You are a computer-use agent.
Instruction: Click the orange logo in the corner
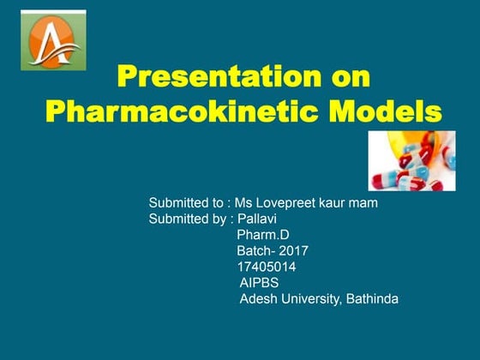[x=55, y=41]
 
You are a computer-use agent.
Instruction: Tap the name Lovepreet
[x=283, y=203]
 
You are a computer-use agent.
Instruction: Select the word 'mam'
[x=365, y=203]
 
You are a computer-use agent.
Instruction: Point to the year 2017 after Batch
[x=292, y=251]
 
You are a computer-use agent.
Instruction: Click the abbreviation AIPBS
[x=259, y=282]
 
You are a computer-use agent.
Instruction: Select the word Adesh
[x=258, y=298]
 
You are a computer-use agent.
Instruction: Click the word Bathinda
[x=371, y=298]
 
